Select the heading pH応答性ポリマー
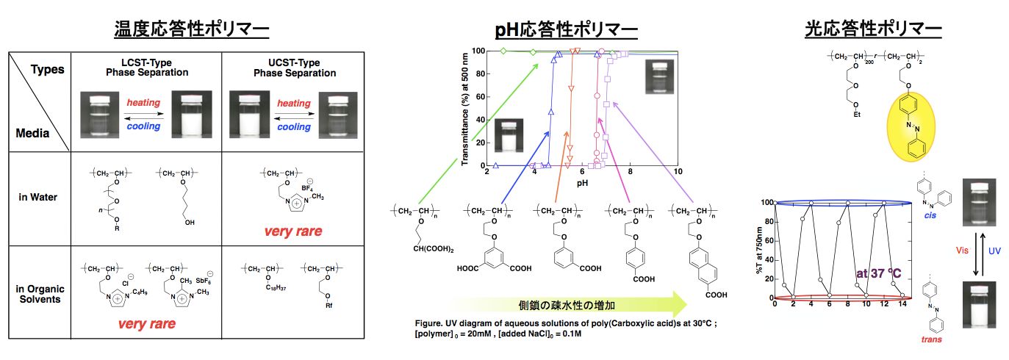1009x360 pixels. tap(566, 31)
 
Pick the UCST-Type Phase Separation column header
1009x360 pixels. tap(295, 68)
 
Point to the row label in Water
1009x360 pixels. tap(39, 197)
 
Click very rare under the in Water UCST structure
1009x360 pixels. tap(294, 231)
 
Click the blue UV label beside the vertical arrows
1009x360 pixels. tap(994, 251)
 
